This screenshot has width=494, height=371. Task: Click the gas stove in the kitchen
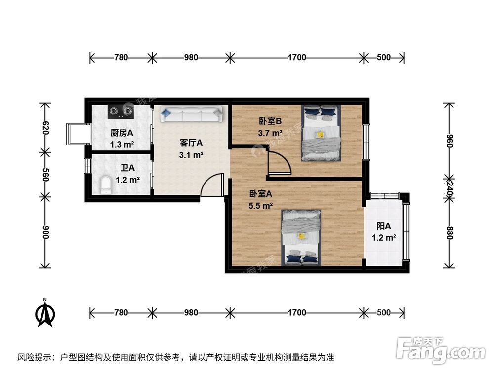point(121,112)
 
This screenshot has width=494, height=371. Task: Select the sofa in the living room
point(190,115)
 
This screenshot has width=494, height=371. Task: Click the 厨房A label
point(122,133)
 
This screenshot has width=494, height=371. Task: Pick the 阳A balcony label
point(384,226)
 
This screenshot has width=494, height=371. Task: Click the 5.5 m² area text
point(261,206)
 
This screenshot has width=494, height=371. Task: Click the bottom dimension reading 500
point(384,312)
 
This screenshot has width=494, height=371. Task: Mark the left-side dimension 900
point(45,232)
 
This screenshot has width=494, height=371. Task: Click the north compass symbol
point(45,313)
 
